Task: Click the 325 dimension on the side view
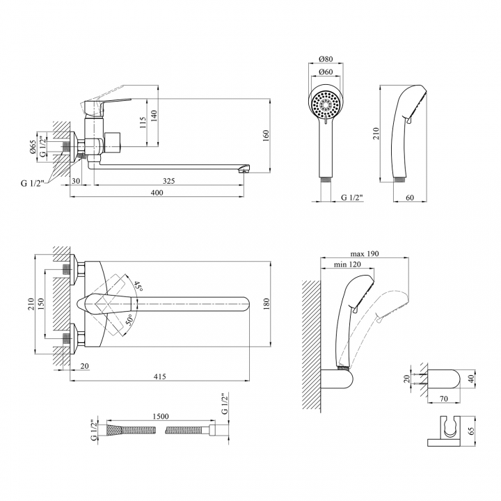[168, 181]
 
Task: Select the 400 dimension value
[157, 193]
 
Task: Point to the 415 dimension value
[160, 376]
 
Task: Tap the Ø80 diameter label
[326, 58]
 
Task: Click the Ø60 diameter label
[326, 72]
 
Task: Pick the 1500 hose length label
[161, 416]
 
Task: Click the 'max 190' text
[365, 254]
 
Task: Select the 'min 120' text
[347, 264]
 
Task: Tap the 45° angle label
[138, 286]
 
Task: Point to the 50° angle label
[129, 320]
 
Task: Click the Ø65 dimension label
[32, 147]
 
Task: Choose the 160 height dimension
[266, 136]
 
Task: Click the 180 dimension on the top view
[267, 303]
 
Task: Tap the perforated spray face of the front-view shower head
[326, 104]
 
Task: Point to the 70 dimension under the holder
[444, 399]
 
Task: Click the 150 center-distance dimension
[41, 303]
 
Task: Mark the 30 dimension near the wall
[76, 181]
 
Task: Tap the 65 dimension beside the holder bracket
[471, 431]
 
